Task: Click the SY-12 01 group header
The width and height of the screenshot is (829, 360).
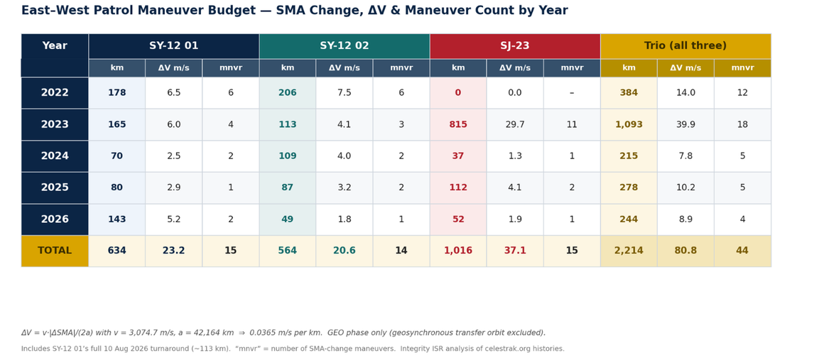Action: pyautogui.click(x=174, y=46)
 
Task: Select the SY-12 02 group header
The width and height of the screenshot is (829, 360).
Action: pyautogui.click(x=345, y=46)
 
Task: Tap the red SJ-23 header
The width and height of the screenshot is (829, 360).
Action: pyautogui.click(x=515, y=46)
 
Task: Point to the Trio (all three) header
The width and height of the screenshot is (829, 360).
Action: pyautogui.click(x=686, y=46)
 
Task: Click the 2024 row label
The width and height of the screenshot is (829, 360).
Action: pyautogui.click(x=55, y=156)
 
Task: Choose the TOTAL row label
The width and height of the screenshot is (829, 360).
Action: pyautogui.click(x=55, y=251)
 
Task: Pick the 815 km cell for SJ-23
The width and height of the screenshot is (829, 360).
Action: pyautogui.click(x=458, y=125)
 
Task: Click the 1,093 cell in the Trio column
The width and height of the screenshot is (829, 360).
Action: pyautogui.click(x=629, y=125)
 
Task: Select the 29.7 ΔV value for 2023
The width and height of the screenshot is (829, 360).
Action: pyautogui.click(x=515, y=125)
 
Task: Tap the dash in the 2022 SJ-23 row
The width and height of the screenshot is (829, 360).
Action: pyautogui.click(x=572, y=93)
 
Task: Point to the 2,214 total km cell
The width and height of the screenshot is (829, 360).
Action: pyautogui.click(x=629, y=251)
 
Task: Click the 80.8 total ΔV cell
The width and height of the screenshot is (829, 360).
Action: pyautogui.click(x=686, y=251)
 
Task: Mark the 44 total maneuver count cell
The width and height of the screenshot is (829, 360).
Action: pyautogui.click(x=742, y=251)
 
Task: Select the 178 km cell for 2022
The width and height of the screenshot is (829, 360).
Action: pyautogui.click(x=117, y=93)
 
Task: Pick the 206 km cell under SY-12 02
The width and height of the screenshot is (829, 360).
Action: pyautogui.click(x=288, y=93)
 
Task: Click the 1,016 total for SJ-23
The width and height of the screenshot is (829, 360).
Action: pyautogui.click(x=458, y=251)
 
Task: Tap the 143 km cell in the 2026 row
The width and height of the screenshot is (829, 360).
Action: pyautogui.click(x=117, y=219)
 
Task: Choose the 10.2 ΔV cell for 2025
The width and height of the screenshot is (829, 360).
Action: pyautogui.click(x=686, y=187)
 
